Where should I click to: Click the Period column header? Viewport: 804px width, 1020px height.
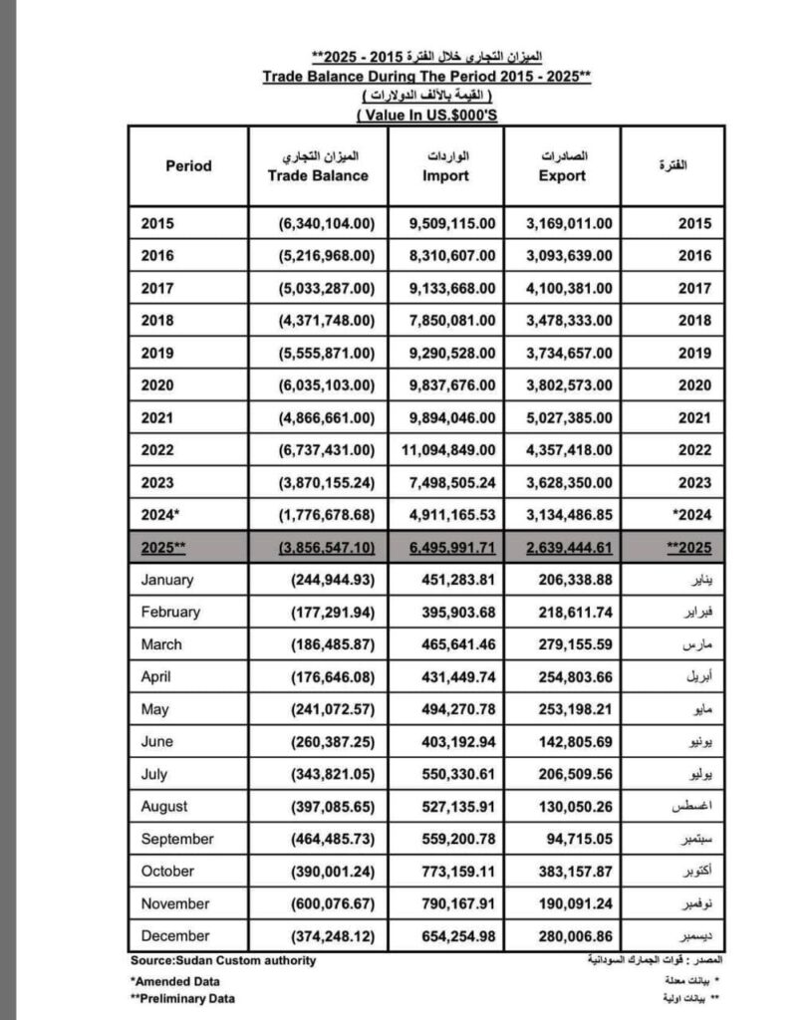click(x=188, y=166)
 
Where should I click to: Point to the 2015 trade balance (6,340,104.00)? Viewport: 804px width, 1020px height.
click(x=326, y=223)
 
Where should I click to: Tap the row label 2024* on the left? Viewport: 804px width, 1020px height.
click(x=161, y=515)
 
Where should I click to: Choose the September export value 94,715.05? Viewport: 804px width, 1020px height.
click(x=578, y=839)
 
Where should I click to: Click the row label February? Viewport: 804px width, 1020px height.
click(x=170, y=612)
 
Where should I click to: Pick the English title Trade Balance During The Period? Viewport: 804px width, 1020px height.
click(x=427, y=76)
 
